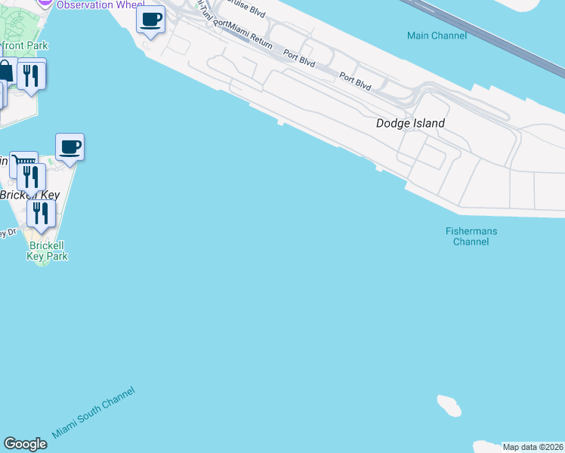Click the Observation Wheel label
click(91, 5)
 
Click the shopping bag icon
click(5, 72)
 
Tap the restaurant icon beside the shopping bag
click(31, 75)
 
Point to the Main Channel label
click(437, 35)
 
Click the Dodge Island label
click(410, 123)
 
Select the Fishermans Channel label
click(471, 236)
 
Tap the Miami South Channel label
click(94, 412)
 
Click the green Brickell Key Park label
click(48, 251)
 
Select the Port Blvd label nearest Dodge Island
click(355, 81)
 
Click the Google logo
click(25, 444)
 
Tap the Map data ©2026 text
click(533, 447)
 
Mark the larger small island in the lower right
click(449, 405)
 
